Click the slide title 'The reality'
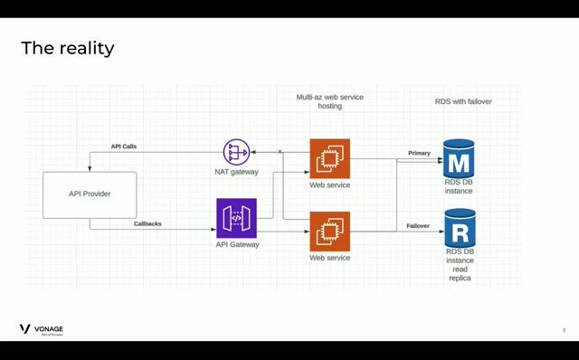[x=68, y=48]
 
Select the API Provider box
[x=90, y=194]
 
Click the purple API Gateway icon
[x=237, y=219]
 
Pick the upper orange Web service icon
[x=329, y=159]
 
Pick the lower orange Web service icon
[x=329, y=232]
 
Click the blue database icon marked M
[x=459, y=159]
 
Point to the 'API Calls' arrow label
[x=124, y=146]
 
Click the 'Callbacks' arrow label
[x=147, y=223]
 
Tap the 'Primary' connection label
[x=419, y=153]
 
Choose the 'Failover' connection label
[x=417, y=225]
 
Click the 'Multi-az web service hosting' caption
[x=329, y=101]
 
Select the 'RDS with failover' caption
[x=463, y=101]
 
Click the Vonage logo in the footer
[x=42, y=329]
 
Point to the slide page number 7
[x=564, y=330]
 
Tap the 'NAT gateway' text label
[x=238, y=172]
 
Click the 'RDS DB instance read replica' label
[x=460, y=264]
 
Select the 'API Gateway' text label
[x=237, y=244]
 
